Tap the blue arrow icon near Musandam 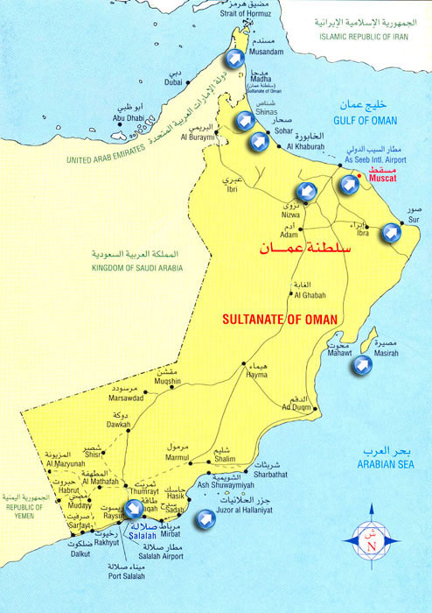pos(233,58)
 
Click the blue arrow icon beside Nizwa pos(307,192)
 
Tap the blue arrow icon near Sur pos(392,234)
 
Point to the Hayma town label pos(255,374)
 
